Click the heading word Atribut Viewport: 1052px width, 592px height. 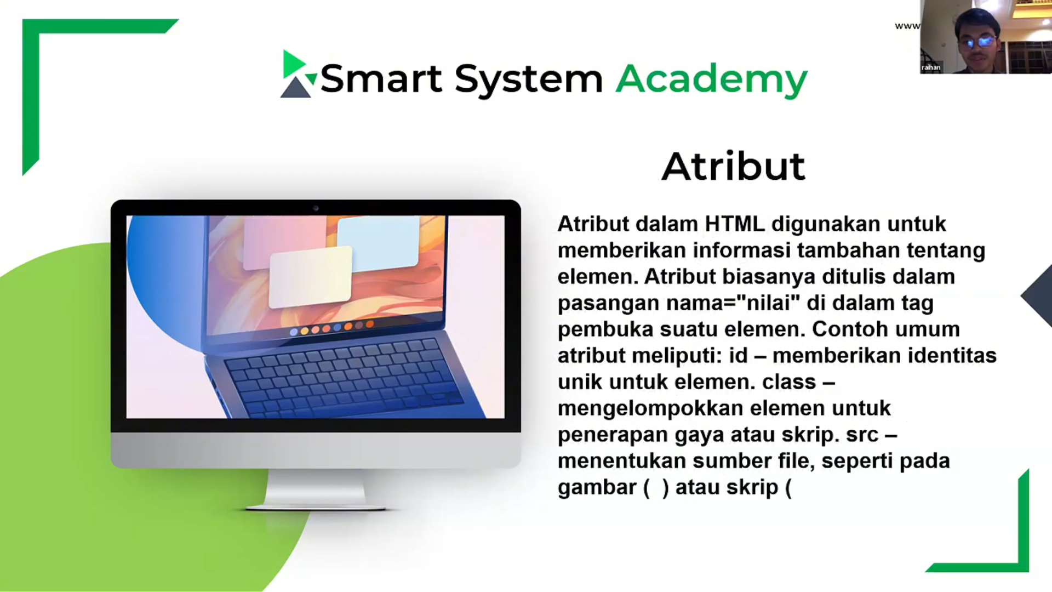pos(733,166)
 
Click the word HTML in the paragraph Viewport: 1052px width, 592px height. pos(734,224)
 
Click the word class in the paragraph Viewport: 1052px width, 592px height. pos(788,382)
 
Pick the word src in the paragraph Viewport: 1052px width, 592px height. pos(862,435)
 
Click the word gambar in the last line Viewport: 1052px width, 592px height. pos(596,487)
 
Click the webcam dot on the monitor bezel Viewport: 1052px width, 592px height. pos(316,208)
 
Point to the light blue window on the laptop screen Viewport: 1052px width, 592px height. pos(378,241)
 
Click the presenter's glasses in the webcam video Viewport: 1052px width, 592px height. pos(979,42)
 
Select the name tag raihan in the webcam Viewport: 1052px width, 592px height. pos(931,67)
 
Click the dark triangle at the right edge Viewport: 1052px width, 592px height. pos(1038,296)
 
